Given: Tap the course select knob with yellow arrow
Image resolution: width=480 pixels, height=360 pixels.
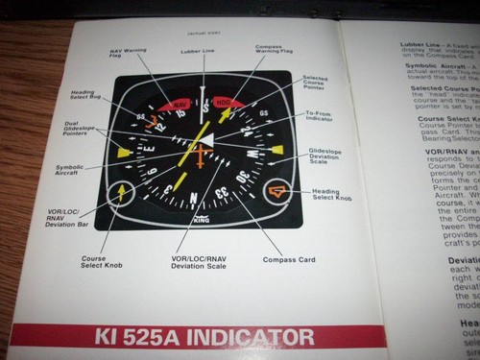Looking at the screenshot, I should (122, 192).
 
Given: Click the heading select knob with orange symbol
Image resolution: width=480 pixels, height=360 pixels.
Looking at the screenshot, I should (277, 192).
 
